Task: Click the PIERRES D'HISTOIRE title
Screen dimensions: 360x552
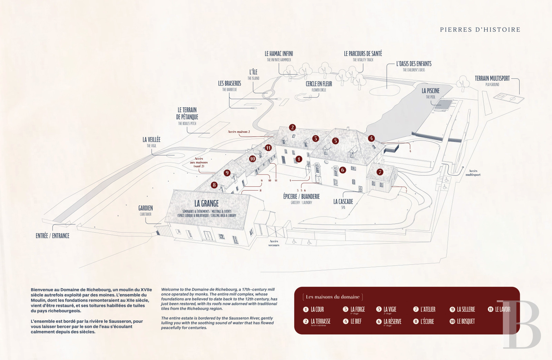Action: [480, 30]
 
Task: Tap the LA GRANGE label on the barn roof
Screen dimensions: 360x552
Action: [206, 204]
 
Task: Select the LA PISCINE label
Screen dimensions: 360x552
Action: [431, 91]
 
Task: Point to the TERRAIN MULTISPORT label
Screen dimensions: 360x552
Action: [492, 79]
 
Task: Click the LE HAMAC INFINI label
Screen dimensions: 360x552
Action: [279, 54]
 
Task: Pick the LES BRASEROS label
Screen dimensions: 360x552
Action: [229, 84]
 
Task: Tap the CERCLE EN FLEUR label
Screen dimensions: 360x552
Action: [319, 84]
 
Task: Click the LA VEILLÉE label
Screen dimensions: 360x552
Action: [151, 139]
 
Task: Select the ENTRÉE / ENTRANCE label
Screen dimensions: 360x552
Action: [52, 236]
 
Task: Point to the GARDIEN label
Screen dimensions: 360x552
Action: [146, 208]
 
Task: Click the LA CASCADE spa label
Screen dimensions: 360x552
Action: [343, 202]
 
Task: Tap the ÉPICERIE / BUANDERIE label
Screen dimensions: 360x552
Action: [301, 196]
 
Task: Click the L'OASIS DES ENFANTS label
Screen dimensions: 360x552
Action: [414, 64]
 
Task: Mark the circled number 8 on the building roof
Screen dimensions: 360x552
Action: [214, 185]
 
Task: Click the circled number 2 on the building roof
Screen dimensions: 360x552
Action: [293, 127]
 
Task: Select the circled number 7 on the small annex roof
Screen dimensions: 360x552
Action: [380, 172]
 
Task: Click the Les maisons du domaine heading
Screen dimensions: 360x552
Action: [333, 297]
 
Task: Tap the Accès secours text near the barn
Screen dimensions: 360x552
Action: [274, 243]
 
